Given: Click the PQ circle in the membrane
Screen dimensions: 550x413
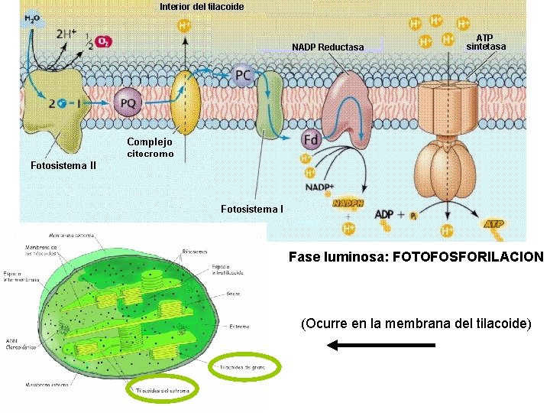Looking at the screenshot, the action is point(127,103).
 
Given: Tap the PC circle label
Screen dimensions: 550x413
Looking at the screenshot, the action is point(242,75).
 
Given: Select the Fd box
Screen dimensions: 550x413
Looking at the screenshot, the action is point(311,140).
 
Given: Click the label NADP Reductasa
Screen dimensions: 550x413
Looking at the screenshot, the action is point(328,47).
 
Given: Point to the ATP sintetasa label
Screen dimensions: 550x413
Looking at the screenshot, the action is point(485,42).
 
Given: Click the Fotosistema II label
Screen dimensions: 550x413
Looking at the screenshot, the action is point(63,165).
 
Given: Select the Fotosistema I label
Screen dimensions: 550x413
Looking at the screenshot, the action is point(252,209).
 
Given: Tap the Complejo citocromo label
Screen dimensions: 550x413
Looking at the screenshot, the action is point(150,148).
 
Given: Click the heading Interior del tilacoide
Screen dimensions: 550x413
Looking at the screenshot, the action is point(202,7).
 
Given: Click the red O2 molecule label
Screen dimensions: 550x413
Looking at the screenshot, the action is point(102,42).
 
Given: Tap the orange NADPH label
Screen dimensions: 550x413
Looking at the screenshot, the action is point(347,203).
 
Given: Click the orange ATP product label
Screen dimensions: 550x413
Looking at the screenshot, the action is point(494,224).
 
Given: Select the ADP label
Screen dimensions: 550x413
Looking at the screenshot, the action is point(384,215).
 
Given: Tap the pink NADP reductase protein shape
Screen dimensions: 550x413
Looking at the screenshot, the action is point(348,107).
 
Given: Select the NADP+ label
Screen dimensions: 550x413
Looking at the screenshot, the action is point(319,187).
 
